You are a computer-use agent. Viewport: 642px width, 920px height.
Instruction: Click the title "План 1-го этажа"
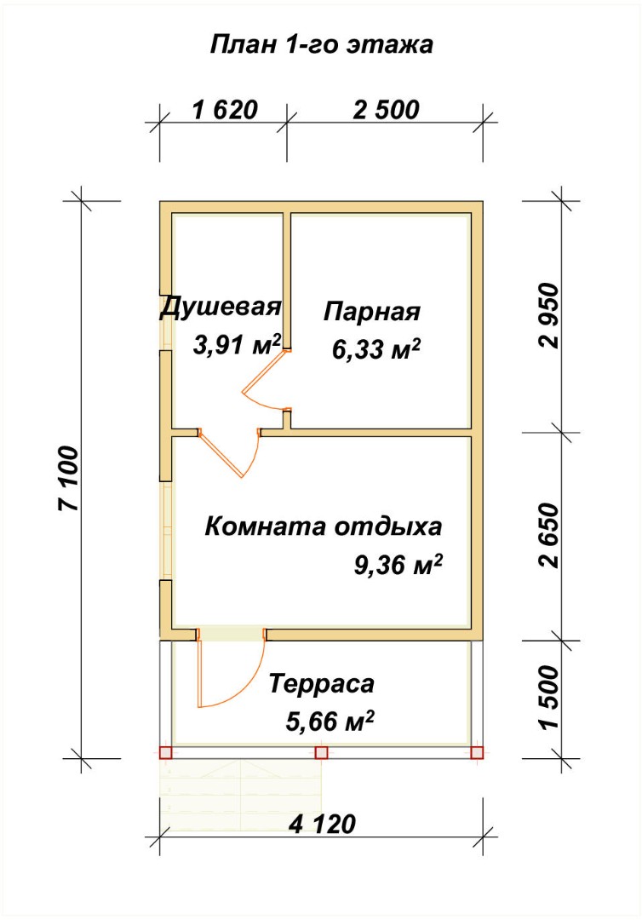pos(321,44)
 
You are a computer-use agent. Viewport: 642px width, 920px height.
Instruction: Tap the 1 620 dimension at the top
pos(225,110)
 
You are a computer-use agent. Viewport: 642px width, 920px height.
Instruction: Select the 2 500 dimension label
pos(387,110)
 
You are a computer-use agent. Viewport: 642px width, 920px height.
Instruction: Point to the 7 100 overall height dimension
pos(68,479)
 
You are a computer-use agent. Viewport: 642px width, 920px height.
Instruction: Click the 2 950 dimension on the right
pos(549,316)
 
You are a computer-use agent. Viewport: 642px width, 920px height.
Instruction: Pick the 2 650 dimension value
pos(549,534)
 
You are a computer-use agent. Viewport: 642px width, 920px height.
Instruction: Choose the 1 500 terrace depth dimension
pos(549,698)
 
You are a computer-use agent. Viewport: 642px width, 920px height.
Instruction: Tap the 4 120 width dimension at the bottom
pos(323,825)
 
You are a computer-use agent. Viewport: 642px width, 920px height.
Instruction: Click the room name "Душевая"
pos(221,308)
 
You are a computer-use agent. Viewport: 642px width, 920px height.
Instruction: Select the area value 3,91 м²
pos(237,345)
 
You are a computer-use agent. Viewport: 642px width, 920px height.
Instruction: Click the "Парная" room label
pos(372,312)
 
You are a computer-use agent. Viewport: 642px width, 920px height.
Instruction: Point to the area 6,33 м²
pos(376,350)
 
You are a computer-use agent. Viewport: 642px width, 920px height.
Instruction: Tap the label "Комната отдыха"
pos(323,526)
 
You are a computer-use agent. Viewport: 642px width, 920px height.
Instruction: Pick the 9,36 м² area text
pos(398,565)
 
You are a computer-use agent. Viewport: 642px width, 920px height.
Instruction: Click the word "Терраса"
pos(321,684)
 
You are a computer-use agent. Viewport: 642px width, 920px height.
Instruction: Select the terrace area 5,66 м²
pos(330,722)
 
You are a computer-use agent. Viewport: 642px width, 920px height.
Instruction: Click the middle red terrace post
pos(321,752)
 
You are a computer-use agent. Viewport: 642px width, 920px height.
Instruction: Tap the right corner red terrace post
pos(477,752)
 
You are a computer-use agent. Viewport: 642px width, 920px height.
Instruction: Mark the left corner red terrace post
pos(165,752)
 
